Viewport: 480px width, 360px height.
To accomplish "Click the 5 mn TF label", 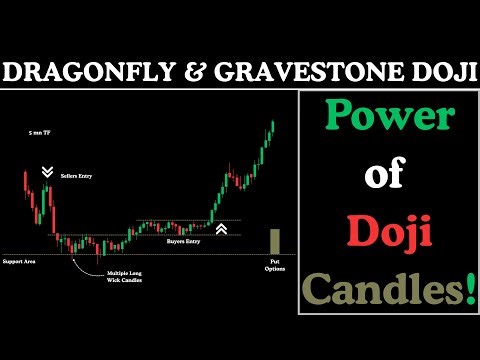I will point(41,132).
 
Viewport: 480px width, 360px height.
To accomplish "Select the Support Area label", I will point(21,262).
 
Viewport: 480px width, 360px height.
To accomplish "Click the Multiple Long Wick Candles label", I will point(126,275).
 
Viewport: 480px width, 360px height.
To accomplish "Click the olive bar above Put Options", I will point(275,242).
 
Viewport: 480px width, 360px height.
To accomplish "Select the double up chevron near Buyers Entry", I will point(221,230).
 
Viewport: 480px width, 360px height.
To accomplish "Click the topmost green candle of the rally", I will point(272,128).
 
